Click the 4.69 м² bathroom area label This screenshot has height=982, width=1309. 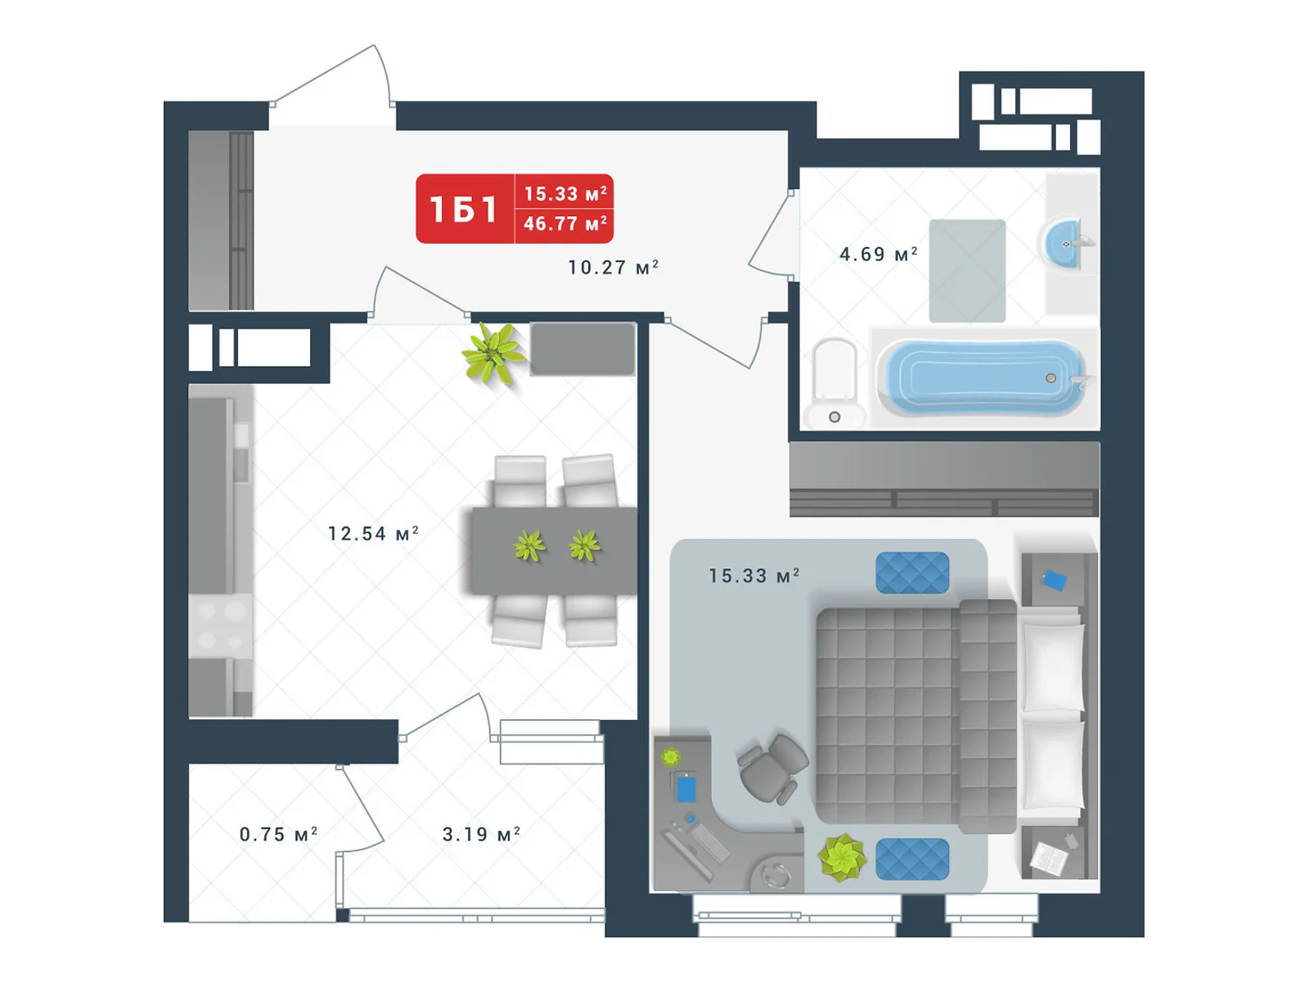[x=878, y=254]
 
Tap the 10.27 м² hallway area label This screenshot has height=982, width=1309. [x=613, y=267]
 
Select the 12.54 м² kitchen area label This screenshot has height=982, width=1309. [x=373, y=533]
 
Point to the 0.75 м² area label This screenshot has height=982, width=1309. [x=278, y=834]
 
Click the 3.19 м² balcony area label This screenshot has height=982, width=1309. [x=481, y=834]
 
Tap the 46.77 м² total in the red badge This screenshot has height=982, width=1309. [x=565, y=223]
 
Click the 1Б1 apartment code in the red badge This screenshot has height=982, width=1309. [x=463, y=209]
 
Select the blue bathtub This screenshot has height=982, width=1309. [x=983, y=377]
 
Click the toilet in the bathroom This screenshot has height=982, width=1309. [x=834, y=383]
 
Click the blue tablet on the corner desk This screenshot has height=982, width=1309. [x=686, y=788]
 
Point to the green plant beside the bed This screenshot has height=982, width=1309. [x=842, y=858]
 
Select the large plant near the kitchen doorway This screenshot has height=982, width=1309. [x=493, y=353]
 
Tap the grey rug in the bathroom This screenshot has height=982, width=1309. [x=967, y=270]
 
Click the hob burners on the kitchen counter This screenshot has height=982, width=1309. [x=220, y=625]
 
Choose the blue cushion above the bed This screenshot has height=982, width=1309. [x=912, y=572]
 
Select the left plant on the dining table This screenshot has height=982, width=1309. [x=529, y=546]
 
